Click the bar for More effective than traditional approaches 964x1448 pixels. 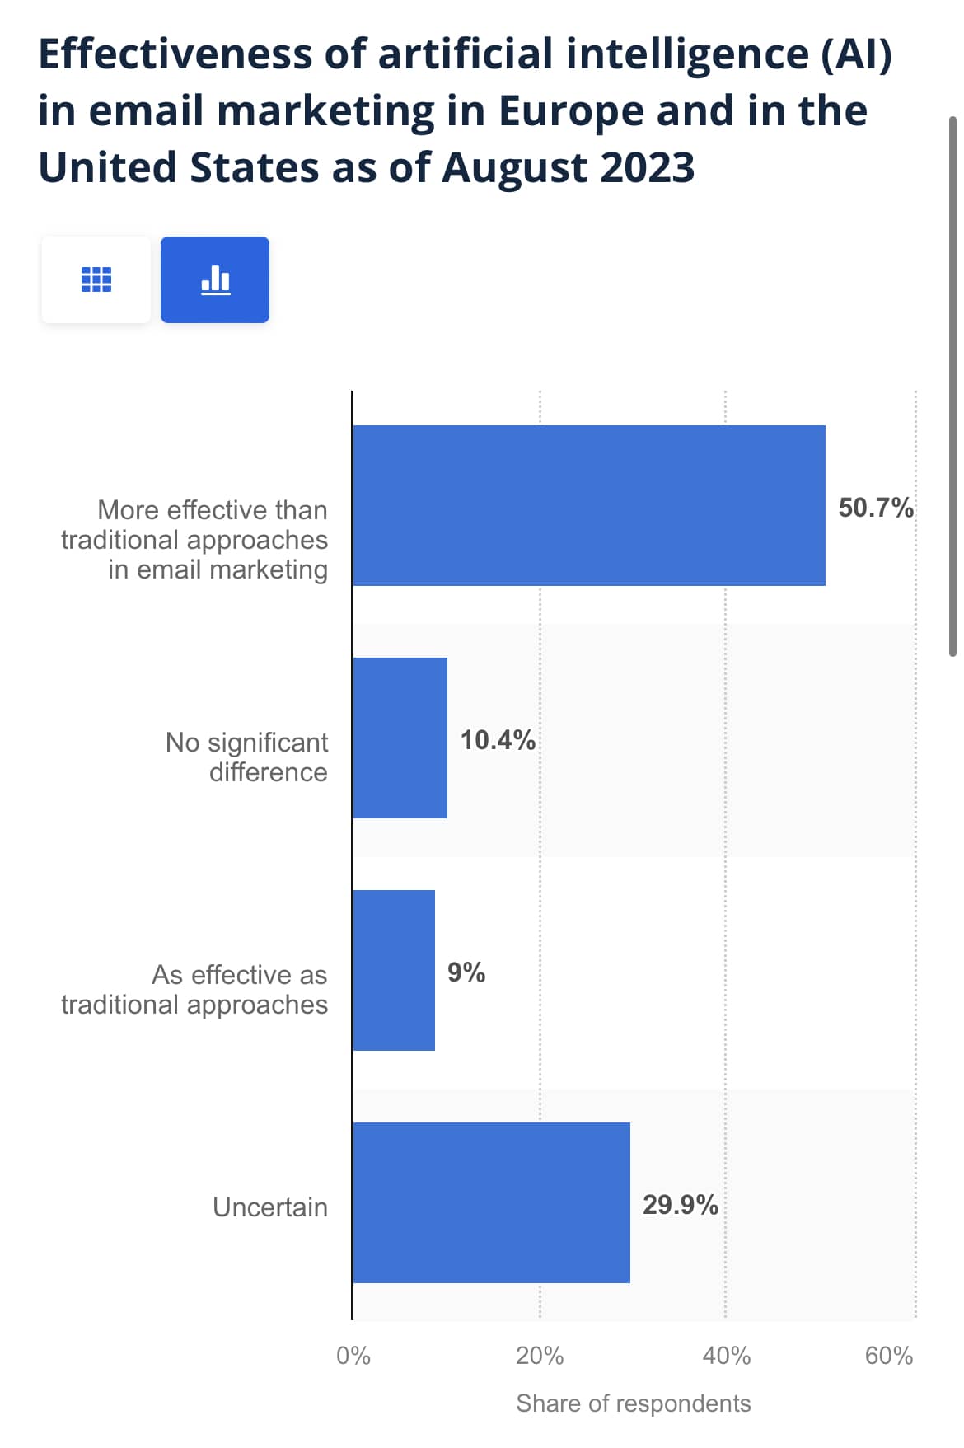[588, 505]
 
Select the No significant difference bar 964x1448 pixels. [400, 738]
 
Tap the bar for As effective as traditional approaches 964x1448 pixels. [393, 970]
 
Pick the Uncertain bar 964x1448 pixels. [491, 1202]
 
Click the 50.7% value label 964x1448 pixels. [875, 508]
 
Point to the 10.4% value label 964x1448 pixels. [498, 740]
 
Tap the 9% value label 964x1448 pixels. [466, 972]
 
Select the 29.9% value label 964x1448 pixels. [681, 1205]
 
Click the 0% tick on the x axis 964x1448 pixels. [353, 1356]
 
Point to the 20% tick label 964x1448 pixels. [540, 1356]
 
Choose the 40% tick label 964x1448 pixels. [726, 1356]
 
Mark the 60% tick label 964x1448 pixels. [889, 1356]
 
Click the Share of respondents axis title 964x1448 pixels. [633, 1403]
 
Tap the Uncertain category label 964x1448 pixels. [270, 1207]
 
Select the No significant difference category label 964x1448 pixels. [247, 757]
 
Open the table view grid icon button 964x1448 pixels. [96, 279]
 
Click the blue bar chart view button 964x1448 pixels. [215, 279]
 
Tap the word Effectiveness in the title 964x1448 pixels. [175, 54]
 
